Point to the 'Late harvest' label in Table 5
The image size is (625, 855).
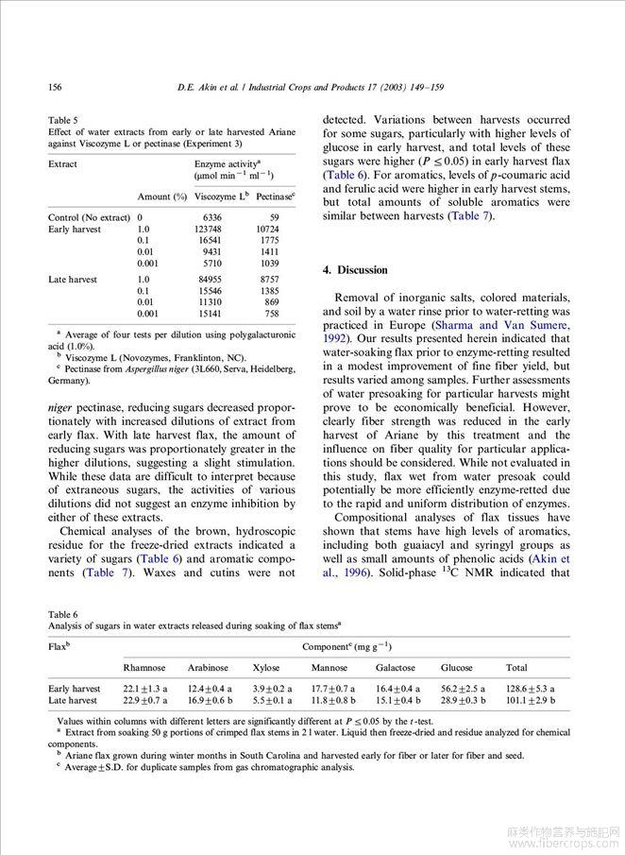[x=73, y=280]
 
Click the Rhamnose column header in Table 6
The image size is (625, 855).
[x=144, y=668]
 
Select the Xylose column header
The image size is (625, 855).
[x=265, y=668]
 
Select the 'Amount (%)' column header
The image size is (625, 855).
[x=160, y=197]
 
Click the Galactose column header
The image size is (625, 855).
[x=395, y=668]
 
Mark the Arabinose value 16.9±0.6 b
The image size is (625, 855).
[x=210, y=700]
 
